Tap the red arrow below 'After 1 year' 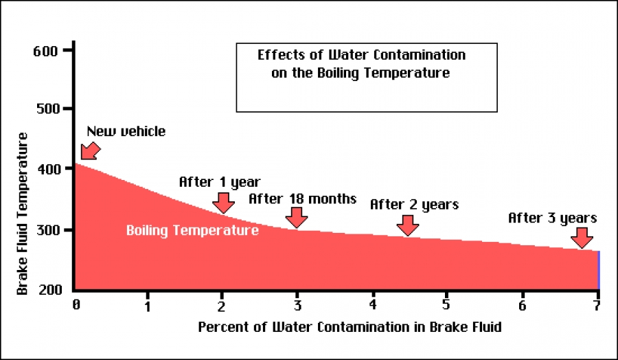222,203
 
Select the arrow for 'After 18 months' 297,217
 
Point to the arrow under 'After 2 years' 408,224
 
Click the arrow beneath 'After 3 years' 582,238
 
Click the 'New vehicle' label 126,131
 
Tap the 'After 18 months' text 302,199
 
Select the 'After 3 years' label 552,218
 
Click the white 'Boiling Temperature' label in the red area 192,231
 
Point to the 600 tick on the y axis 47,51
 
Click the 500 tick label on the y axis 47,109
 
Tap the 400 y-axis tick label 47,169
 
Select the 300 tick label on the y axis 47,229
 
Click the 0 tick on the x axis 76,304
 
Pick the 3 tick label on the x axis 297,304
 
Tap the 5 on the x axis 446,304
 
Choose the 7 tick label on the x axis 596,304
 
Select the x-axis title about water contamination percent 350,327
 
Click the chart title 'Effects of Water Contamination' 361,55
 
